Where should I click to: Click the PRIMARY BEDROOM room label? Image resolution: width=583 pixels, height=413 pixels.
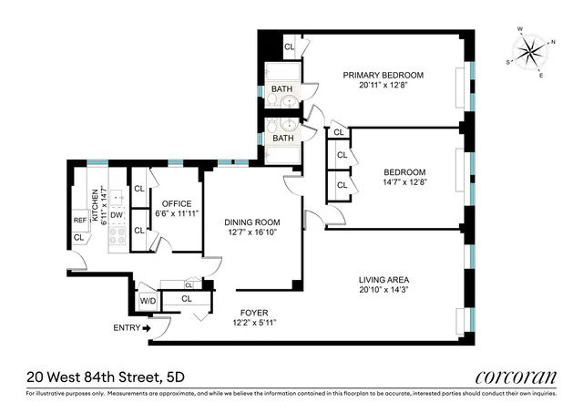[384, 75]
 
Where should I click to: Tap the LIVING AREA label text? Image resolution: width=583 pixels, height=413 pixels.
[384, 279]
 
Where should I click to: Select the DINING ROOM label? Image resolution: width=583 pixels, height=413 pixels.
[252, 222]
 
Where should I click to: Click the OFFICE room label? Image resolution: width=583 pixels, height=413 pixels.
[175, 202]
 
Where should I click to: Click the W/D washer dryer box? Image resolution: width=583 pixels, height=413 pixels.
[147, 299]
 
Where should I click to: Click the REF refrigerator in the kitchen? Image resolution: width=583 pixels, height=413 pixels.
[79, 221]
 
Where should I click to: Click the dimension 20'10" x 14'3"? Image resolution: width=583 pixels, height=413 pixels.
[384, 290]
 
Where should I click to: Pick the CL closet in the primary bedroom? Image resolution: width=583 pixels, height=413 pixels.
[290, 46]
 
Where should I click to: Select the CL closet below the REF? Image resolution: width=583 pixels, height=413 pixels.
[79, 238]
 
